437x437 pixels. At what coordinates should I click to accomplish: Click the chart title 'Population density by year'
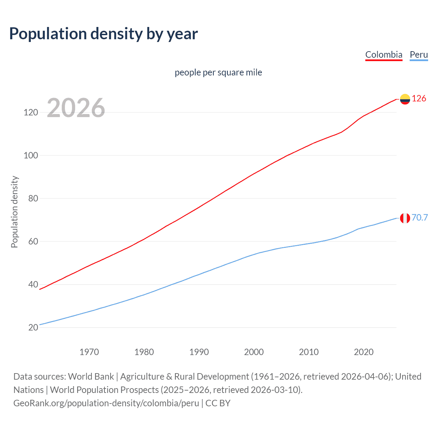coord(103,34)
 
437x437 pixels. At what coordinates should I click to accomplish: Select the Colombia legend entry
coord(384,55)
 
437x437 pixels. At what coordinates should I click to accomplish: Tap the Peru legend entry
coord(419,55)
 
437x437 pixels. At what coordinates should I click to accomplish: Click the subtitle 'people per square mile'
coord(218,72)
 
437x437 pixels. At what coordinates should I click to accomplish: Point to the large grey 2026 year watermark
coord(76,108)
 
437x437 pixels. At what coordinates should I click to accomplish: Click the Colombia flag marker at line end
coord(405,99)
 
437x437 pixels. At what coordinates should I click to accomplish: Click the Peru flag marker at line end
coord(405,218)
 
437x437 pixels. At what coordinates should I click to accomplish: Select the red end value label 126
coord(419,99)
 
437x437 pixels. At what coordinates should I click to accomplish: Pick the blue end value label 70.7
coord(420,217)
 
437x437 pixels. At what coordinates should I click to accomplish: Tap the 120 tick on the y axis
coord(31,112)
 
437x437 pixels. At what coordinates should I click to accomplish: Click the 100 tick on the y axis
coord(31,155)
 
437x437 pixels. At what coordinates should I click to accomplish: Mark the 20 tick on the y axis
coord(33,327)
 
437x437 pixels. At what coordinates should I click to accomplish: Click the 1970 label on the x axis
coord(89,352)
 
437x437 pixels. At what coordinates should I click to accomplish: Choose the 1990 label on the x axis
coord(199,352)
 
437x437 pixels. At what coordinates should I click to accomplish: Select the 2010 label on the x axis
coord(309,352)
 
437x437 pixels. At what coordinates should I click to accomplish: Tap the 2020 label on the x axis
coord(364,352)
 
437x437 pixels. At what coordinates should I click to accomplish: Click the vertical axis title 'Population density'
coord(14,212)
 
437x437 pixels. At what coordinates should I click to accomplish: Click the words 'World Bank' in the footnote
coord(91,377)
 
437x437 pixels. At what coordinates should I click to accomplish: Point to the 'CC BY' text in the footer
coord(218,403)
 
